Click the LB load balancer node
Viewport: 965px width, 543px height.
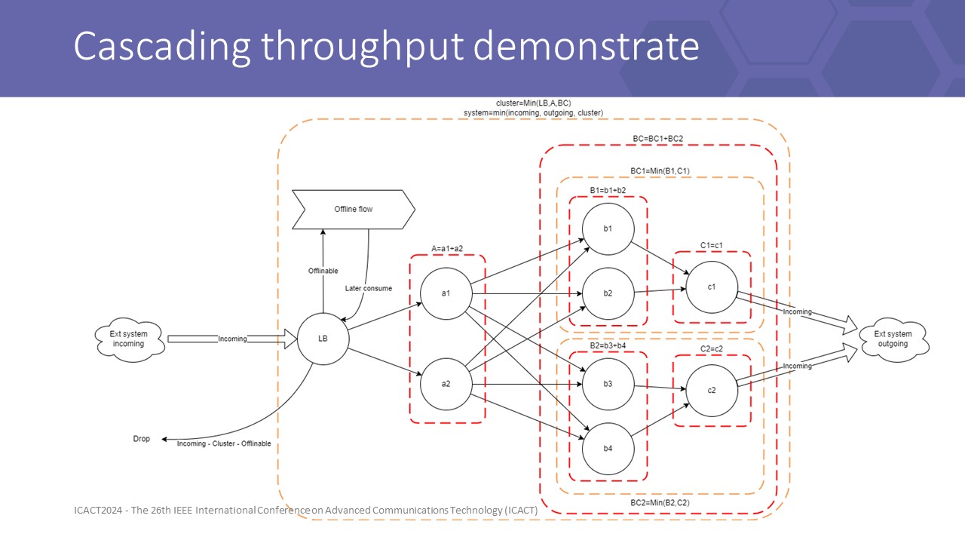(323, 339)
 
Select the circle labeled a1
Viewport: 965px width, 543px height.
(446, 293)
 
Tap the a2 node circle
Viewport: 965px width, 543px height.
(446, 383)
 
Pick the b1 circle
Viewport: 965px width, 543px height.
(608, 228)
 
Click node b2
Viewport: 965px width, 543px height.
(608, 293)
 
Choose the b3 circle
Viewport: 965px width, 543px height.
(608, 384)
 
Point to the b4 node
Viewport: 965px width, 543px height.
(608, 449)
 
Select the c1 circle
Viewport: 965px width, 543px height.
(712, 287)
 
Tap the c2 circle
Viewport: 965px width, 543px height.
(712, 389)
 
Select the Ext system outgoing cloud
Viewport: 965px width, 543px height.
(892, 339)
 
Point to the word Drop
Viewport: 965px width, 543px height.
(141, 439)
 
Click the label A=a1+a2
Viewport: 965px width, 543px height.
(447, 247)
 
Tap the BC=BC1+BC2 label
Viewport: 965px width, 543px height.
(657, 139)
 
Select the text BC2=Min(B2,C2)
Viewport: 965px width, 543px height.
(660, 502)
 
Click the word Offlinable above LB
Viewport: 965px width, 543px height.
(323, 271)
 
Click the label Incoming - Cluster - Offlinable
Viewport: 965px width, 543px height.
(224, 443)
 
